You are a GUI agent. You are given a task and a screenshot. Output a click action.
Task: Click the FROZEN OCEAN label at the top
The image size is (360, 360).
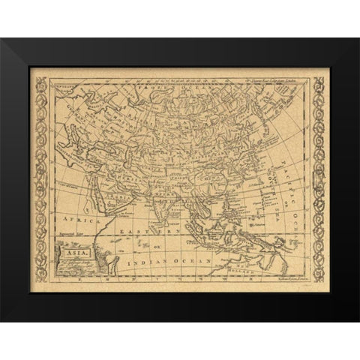(169, 88)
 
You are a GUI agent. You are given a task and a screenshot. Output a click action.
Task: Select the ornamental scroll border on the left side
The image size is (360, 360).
(41, 180)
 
